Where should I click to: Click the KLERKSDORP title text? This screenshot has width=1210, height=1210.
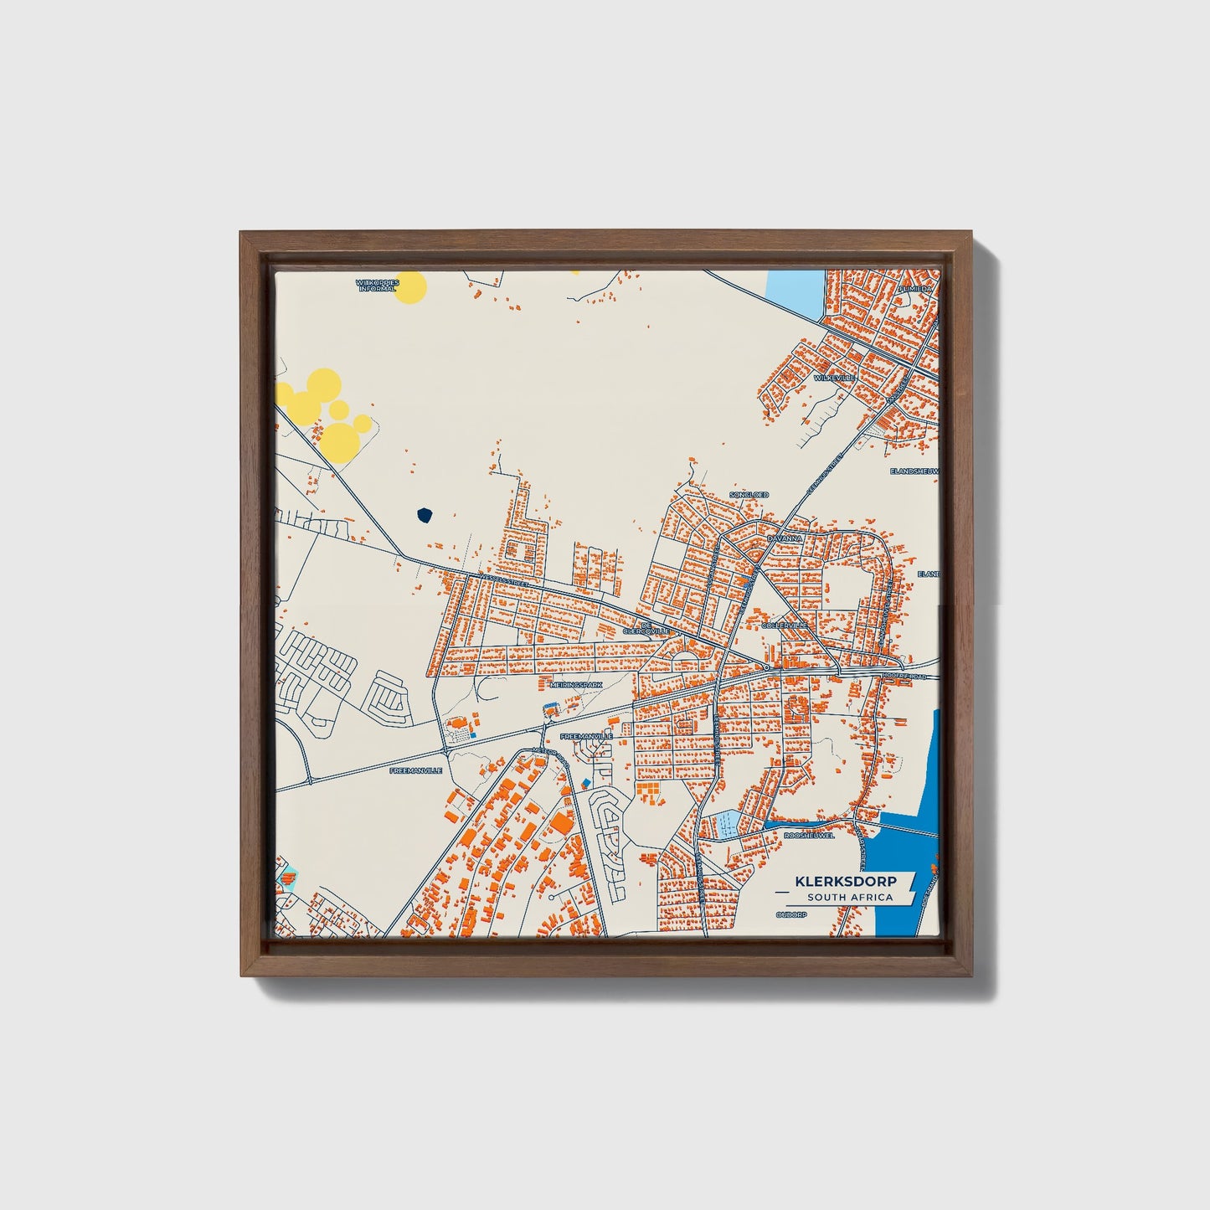(845, 882)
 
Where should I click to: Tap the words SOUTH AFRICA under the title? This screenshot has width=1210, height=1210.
(850, 898)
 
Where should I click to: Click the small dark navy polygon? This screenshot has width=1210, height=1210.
(425, 514)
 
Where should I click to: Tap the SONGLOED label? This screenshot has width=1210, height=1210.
(749, 495)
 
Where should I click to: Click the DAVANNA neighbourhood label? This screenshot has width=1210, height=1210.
(785, 539)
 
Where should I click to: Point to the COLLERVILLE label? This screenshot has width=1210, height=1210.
(785, 625)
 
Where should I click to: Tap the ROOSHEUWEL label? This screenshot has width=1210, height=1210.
(809, 835)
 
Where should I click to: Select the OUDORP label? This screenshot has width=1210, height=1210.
(790, 915)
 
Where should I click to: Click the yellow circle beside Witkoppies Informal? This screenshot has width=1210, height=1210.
(410, 287)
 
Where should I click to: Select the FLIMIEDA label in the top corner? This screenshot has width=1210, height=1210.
(914, 288)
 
